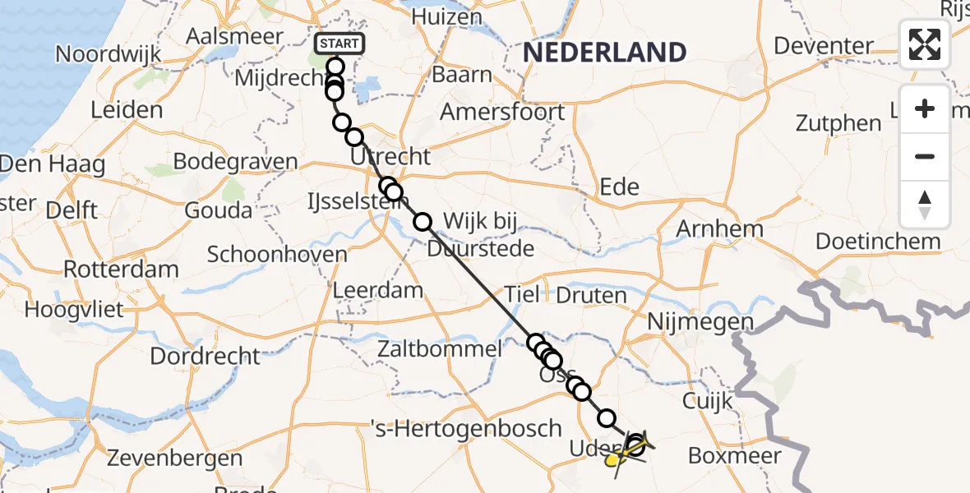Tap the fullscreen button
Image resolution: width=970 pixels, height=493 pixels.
tap(925, 44)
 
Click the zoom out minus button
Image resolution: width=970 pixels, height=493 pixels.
tap(925, 156)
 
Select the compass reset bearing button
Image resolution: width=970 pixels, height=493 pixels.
tap(925, 205)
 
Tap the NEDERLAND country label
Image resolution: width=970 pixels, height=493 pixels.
tap(604, 53)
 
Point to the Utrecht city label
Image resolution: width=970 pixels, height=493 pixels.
tap(390, 156)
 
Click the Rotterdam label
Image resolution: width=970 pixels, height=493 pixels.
tap(121, 270)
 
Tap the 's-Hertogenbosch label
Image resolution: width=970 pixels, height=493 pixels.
tap(466, 428)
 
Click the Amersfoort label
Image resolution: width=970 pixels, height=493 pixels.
tap(502, 112)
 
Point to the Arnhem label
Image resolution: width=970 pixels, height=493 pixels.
tap(719, 228)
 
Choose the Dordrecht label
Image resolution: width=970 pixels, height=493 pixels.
tap(205, 357)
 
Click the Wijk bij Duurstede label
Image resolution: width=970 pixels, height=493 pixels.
tap(488, 234)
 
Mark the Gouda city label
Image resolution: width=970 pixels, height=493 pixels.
tap(218, 210)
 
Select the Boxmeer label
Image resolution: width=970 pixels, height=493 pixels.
tap(734, 455)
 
